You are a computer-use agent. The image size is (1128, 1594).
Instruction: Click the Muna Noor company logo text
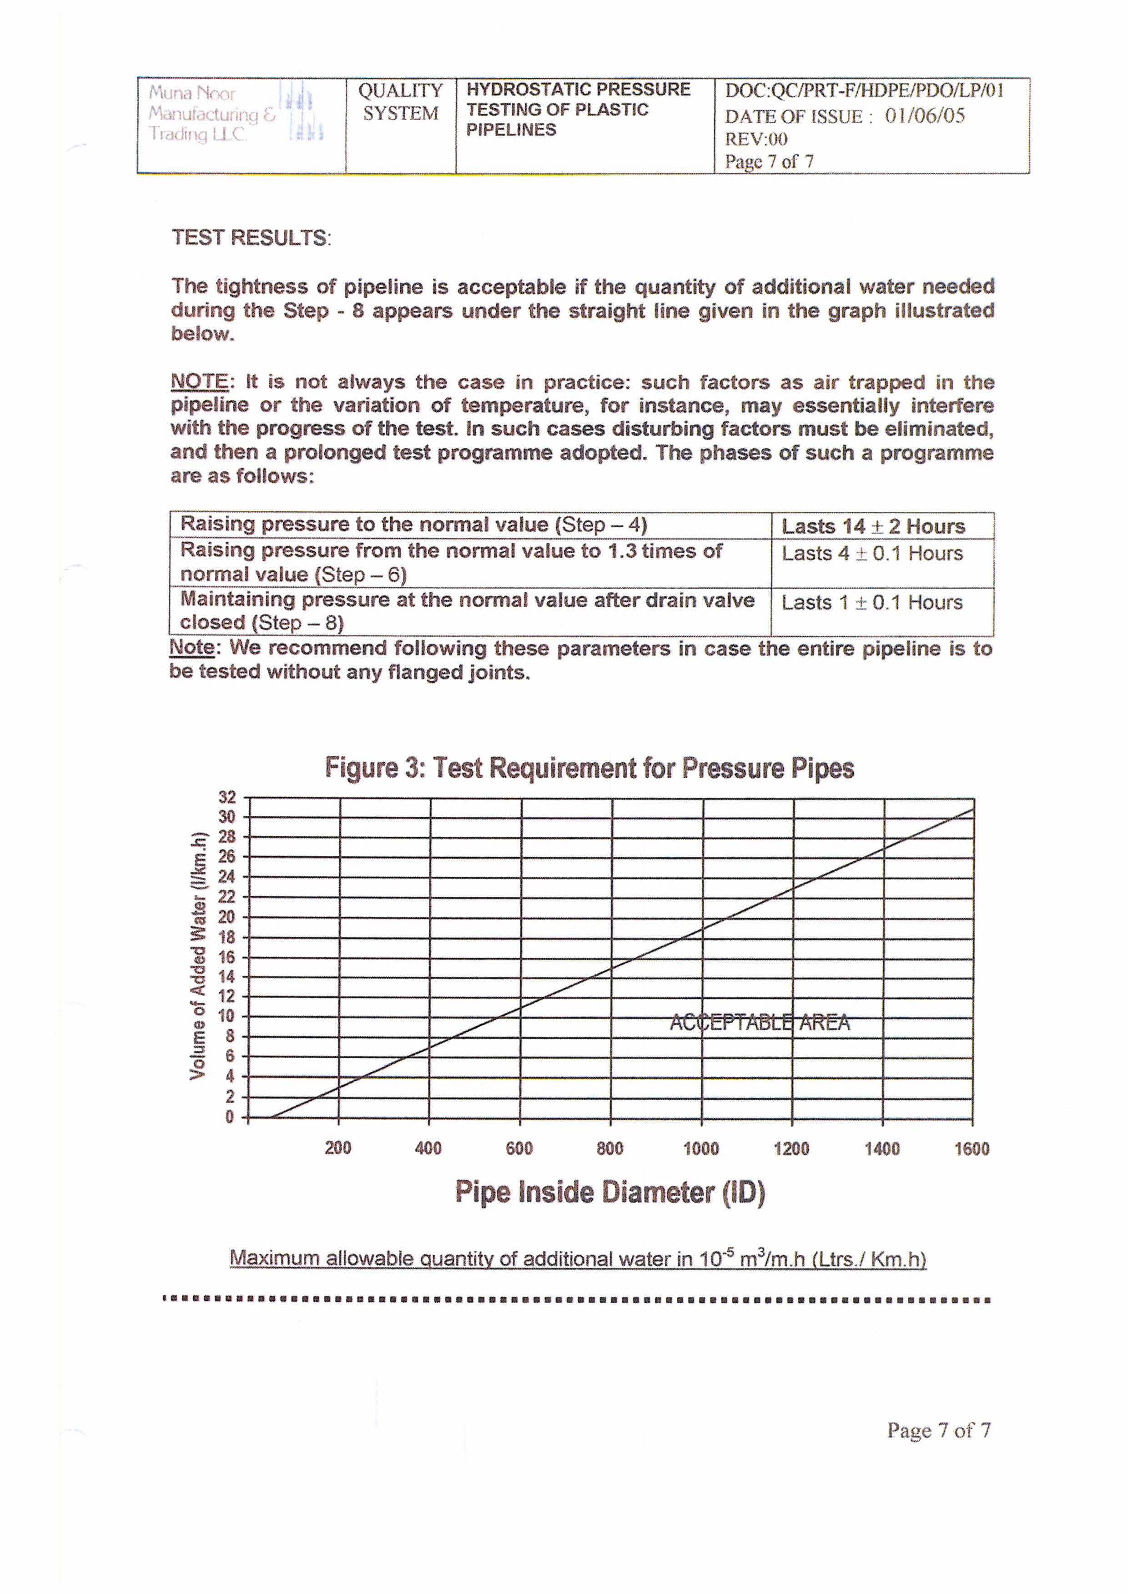[x=212, y=113]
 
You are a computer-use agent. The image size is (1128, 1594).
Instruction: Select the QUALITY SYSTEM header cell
[x=400, y=102]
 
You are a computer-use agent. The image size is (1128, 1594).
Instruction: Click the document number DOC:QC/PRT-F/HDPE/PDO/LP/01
[x=864, y=90]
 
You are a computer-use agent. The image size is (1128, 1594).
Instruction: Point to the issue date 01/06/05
[x=925, y=115]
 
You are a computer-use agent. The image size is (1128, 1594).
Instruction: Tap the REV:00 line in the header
[x=755, y=139]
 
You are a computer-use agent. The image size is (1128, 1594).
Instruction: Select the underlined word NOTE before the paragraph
[x=199, y=382]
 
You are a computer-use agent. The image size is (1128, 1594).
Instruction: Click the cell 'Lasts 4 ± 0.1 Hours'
[x=872, y=553]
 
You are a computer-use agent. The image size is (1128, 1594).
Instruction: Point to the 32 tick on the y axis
[x=227, y=797]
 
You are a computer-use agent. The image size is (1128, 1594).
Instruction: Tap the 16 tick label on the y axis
[x=227, y=957]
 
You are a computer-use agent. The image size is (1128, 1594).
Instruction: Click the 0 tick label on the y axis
[x=230, y=1117]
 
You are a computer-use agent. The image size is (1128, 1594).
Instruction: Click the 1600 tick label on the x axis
[x=972, y=1148]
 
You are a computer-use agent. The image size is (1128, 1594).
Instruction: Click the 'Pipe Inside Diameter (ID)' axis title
[x=610, y=1193]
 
